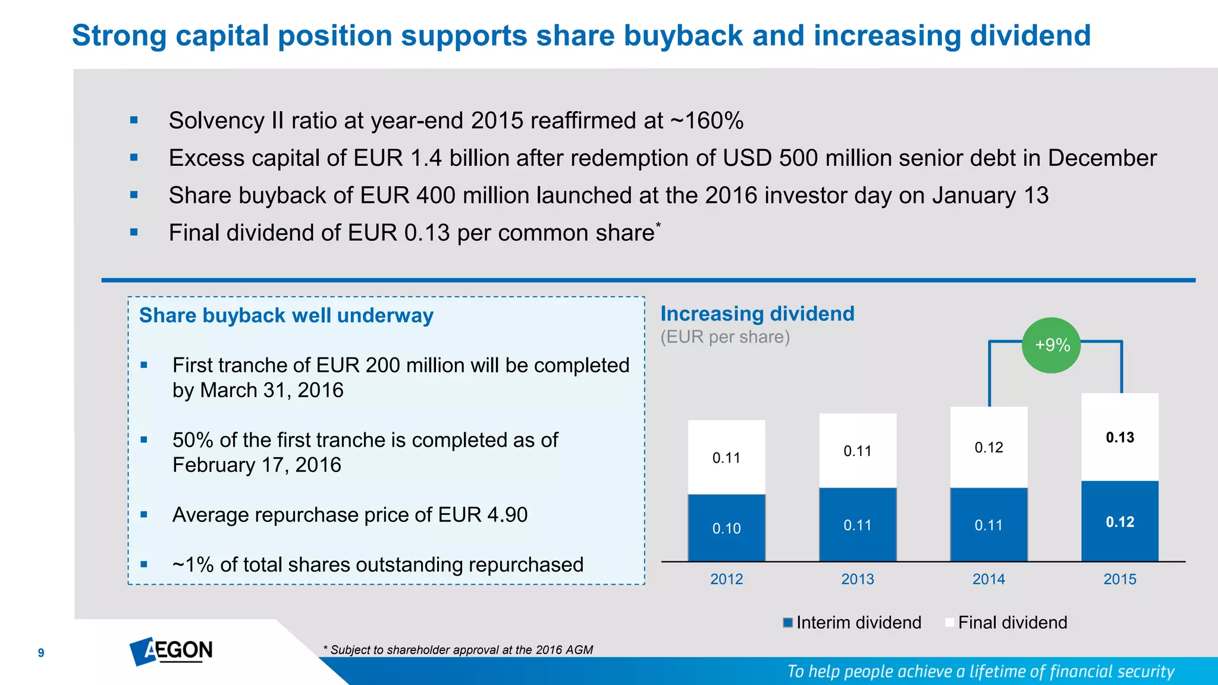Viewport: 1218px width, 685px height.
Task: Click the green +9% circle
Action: (x=1051, y=345)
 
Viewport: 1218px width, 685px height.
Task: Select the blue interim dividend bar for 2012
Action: (x=726, y=527)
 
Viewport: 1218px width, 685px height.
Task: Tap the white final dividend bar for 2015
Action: (x=1119, y=437)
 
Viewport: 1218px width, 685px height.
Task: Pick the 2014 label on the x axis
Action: (x=988, y=579)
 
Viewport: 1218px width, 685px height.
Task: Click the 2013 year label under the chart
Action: (x=857, y=579)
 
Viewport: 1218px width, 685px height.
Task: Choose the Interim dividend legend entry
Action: (x=852, y=623)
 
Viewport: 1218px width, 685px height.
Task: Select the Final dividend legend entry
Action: (x=1006, y=623)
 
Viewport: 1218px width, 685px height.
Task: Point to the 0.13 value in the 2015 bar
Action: (x=1120, y=438)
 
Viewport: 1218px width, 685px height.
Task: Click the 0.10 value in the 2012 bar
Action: (x=726, y=529)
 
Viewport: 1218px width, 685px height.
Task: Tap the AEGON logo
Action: (x=171, y=651)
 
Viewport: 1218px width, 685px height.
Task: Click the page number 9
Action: (x=41, y=653)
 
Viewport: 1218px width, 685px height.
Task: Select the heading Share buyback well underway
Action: (x=286, y=315)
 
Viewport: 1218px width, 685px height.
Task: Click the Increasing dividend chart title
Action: (x=757, y=313)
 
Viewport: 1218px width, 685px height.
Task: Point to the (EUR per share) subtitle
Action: (x=725, y=337)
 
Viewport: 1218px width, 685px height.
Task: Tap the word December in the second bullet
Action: (x=1101, y=158)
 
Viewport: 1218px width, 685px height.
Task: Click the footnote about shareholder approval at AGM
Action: (x=458, y=650)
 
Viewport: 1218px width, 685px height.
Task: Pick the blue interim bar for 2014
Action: (x=988, y=524)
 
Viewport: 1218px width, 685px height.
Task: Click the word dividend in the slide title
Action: (x=1030, y=36)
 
